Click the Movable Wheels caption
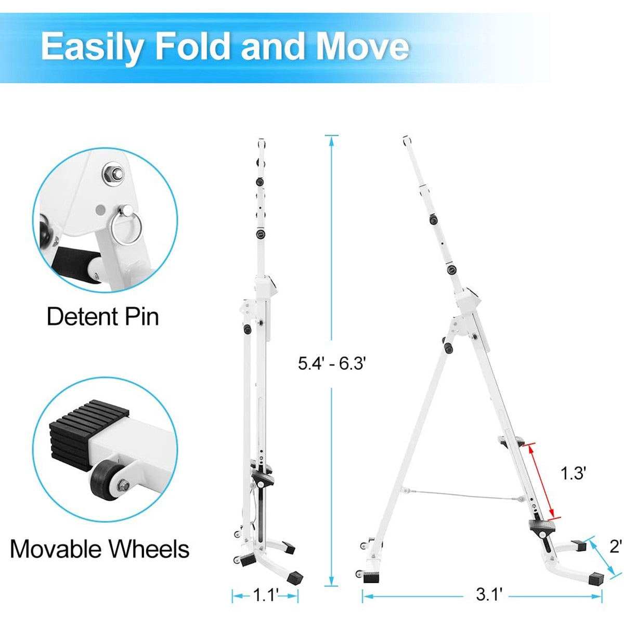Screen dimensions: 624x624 [x=100, y=549]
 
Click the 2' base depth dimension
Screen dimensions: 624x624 [x=615, y=547]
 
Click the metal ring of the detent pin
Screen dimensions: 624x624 [x=126, y=229]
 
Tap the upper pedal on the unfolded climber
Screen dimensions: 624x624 [x=512, y=441]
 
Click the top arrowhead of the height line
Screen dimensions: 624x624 [x=332, y=140]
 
